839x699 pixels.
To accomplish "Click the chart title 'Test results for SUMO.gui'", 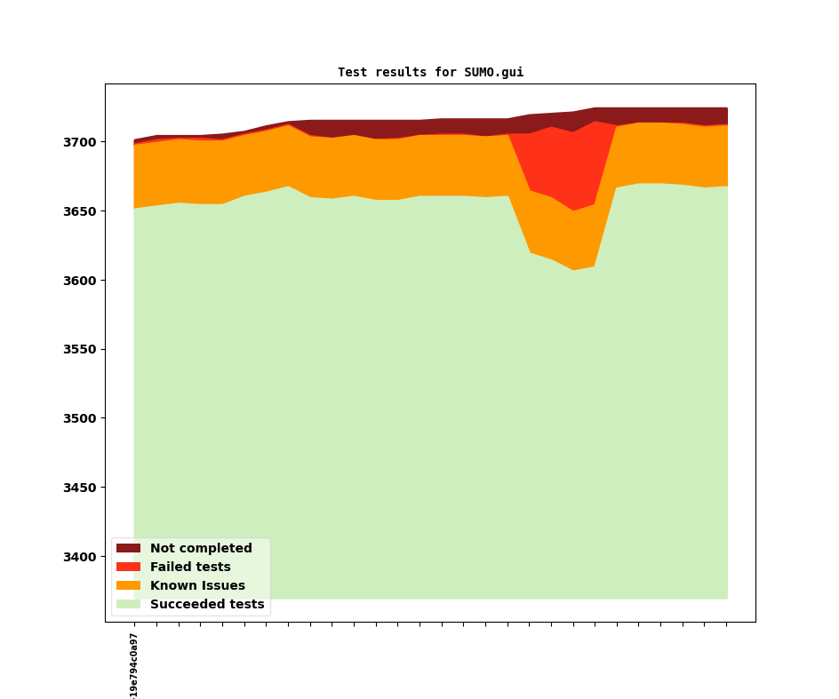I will point(430,73).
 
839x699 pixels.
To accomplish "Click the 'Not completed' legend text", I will point(201,549).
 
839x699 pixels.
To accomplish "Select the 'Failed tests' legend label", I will point(190,568).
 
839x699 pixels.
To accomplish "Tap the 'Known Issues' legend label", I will point(197,586).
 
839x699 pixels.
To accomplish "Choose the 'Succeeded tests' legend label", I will point(207,605).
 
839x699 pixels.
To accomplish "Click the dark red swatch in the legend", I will point(128,549).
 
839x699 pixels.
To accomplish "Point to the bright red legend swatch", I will point(128,568).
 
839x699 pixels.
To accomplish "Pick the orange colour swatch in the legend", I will point(128,586).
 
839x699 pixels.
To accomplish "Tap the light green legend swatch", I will point(128,605).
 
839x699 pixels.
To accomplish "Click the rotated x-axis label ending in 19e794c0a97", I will point(134,665).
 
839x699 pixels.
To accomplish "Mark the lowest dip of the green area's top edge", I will point(573,270).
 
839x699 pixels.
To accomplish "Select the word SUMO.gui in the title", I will point(493,73).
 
